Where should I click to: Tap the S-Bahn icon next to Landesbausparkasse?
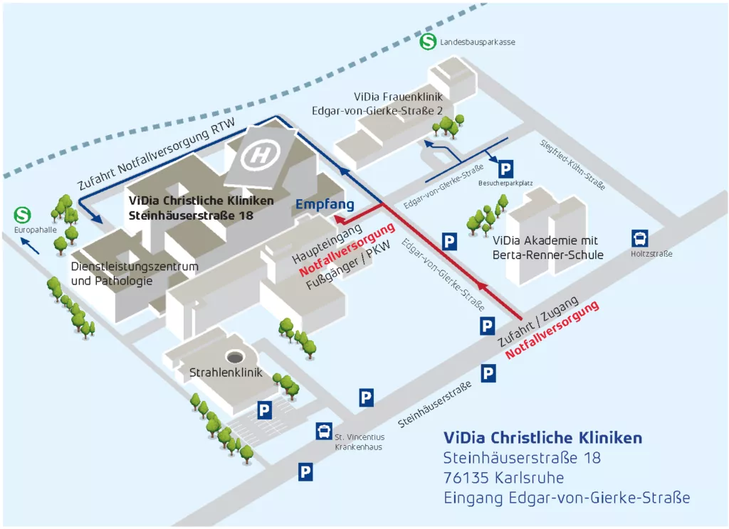point(428,41)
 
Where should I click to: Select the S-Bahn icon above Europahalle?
point(24,214)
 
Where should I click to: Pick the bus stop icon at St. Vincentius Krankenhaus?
point(323,431)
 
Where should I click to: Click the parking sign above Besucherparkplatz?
point(505,169)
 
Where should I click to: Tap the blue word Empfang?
point(325,205)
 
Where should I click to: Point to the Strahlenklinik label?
point(226,373)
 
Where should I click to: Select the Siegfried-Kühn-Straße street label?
point(572,164)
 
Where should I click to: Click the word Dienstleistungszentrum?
point(135,267)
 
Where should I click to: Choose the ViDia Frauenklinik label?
point(398,97)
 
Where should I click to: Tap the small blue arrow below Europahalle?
point(30,246)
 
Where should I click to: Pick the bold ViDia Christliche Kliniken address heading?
point(542,437)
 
